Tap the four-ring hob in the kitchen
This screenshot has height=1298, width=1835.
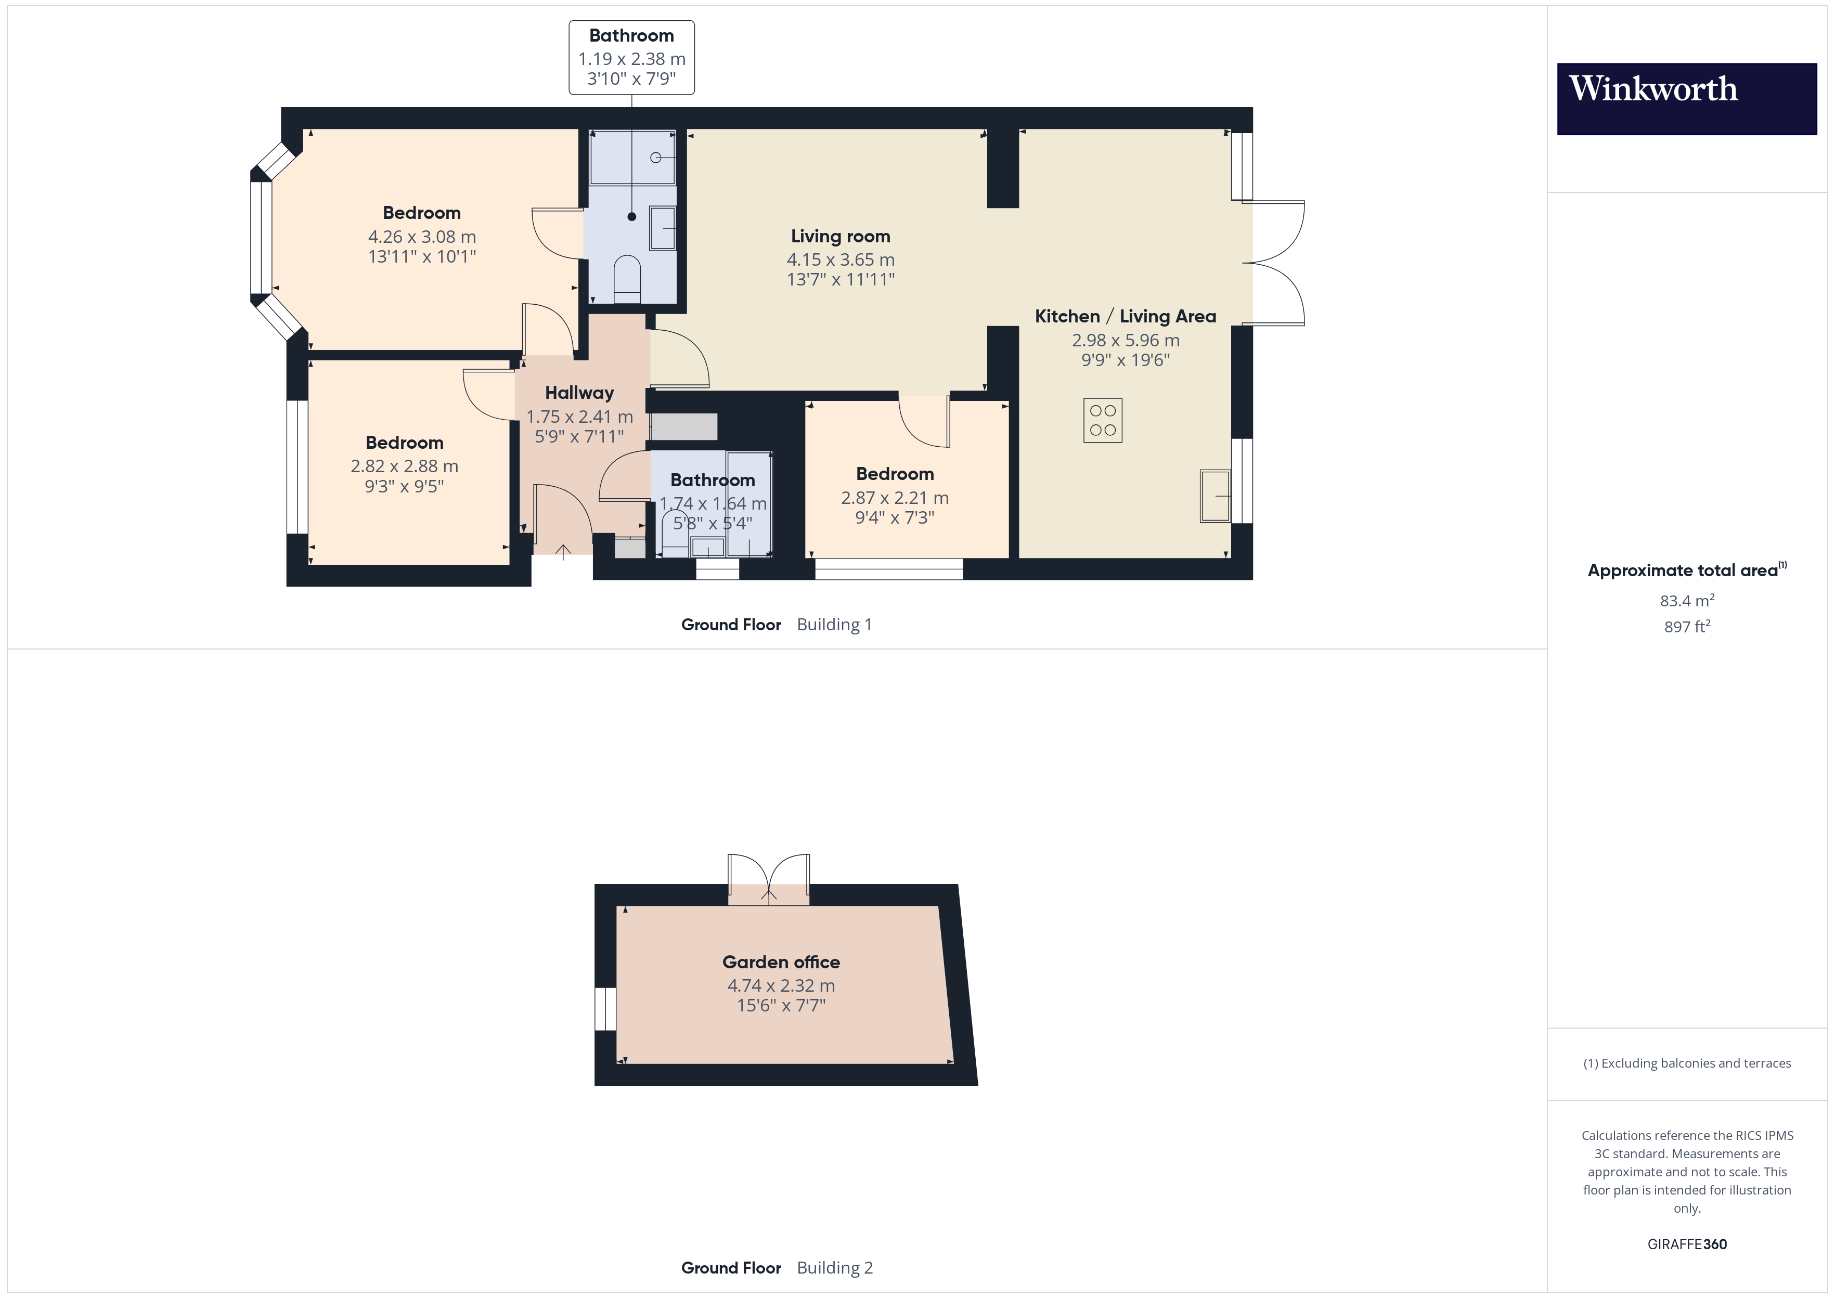click(x=1102, y=420)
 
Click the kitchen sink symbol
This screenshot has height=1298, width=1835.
click(x=1215, y=496)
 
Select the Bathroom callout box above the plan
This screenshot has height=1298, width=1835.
click(x=631, y=58)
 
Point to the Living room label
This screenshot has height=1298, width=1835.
click(x=840, y=237)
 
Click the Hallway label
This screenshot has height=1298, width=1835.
click(x=579, y=393)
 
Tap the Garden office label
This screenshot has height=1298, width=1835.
click(x=781, y=962)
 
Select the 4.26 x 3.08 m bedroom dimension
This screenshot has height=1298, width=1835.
click(x=422, y=237)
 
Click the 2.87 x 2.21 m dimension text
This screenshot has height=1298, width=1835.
click(x=894, y=498)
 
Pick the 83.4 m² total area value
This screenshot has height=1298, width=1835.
click(x=1686, y=600)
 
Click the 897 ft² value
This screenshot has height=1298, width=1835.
click(x=1686, y=627)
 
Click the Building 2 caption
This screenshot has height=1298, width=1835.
click(x=834, y=1268)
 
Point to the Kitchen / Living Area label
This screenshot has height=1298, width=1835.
click(x=1126, y=317)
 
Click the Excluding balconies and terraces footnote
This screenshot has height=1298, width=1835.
click(x=1686, y=1063)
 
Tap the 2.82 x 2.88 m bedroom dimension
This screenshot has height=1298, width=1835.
click(x=405, y=466)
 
